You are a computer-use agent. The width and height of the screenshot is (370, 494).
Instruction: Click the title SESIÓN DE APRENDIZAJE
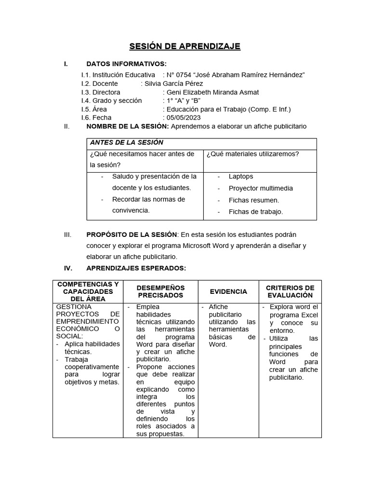[185, 46]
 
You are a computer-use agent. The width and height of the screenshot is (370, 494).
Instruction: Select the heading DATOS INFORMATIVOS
[126, 64]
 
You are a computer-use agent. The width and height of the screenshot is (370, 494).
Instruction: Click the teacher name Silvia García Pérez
[172, 83]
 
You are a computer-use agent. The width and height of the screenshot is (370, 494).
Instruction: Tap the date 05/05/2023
[184, 117]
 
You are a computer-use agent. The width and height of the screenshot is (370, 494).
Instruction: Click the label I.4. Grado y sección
[112, 101]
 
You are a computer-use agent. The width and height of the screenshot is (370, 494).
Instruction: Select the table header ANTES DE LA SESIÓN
[126, 143]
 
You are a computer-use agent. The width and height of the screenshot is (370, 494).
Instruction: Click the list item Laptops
[241, 177]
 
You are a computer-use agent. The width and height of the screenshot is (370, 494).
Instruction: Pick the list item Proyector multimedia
[261, 188]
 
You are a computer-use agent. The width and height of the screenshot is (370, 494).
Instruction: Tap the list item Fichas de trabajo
[256, 211]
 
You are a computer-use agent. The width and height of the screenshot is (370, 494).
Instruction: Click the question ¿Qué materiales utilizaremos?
[253, 154]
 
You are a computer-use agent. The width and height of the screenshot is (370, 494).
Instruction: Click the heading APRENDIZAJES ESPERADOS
[136, 268]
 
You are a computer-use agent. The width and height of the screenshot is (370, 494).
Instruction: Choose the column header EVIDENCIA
[228, 291]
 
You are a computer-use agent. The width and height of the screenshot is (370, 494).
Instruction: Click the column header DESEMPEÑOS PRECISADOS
[160, 291]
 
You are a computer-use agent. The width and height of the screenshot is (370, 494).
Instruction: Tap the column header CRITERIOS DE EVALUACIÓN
[290, 291]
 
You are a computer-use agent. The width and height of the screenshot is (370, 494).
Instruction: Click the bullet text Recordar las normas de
[148, 199]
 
